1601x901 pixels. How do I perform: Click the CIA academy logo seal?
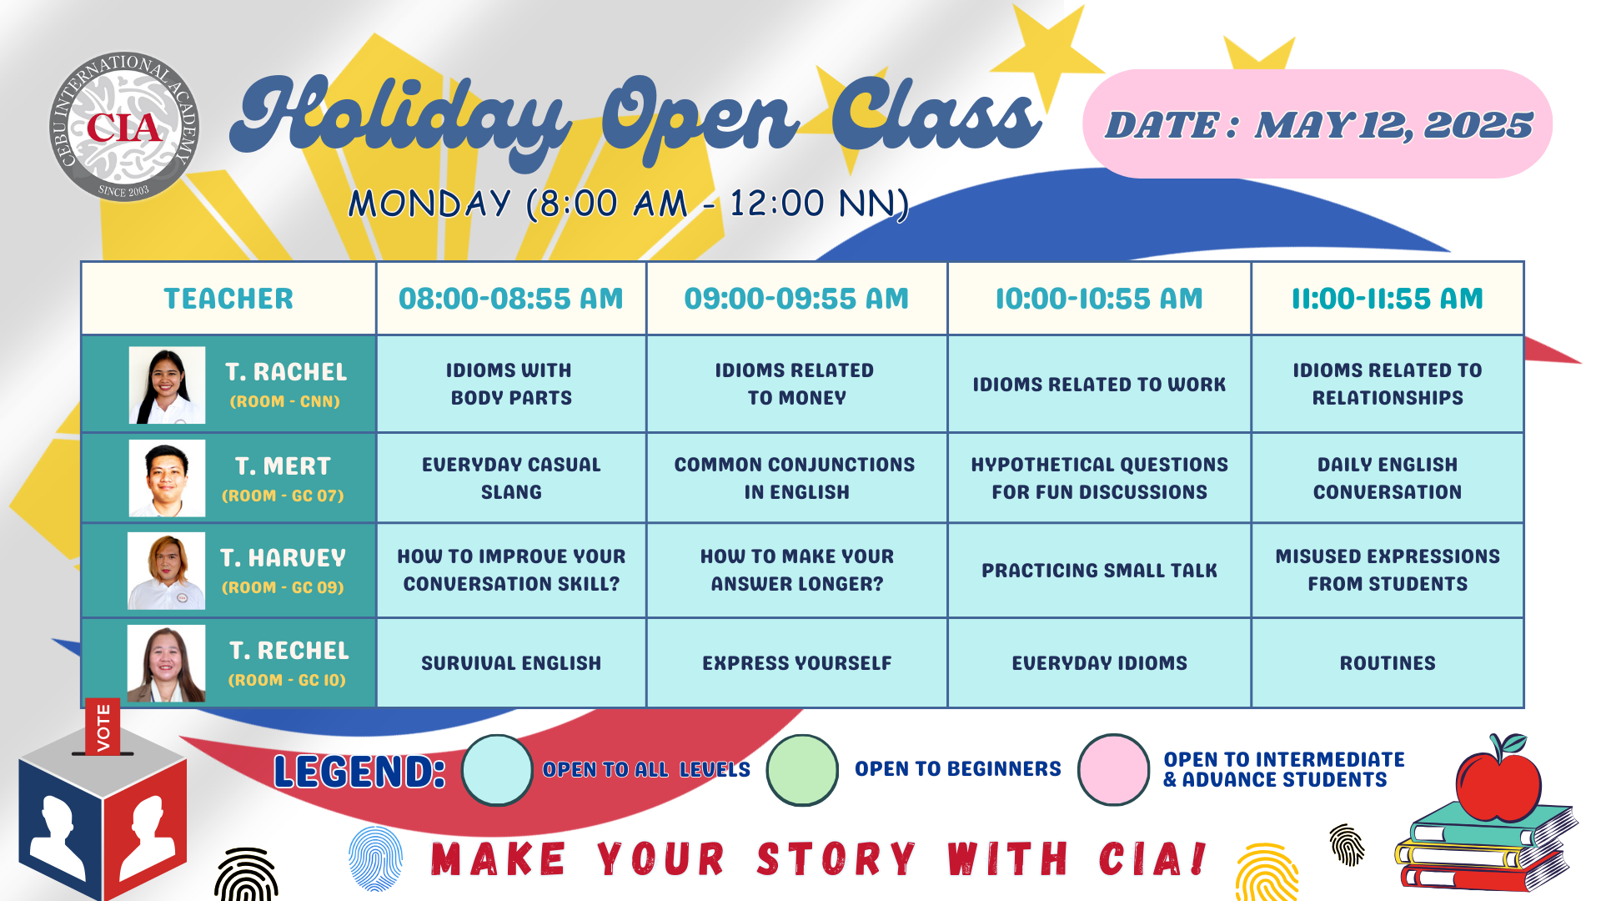point(124,127)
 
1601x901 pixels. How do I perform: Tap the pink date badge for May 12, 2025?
point(1317,123)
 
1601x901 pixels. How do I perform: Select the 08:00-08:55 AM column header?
point(511,299)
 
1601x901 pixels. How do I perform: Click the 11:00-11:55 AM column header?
point(1388,299)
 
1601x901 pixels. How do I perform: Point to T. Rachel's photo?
point(167,385)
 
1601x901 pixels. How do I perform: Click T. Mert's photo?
point(167,478)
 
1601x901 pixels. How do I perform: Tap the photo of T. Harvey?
point(166,571)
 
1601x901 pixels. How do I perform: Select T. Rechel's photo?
point(166,663)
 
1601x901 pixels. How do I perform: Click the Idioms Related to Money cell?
point(796,384)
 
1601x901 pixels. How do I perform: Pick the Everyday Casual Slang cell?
point(511,478)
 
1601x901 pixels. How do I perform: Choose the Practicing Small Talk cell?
point(1099,571)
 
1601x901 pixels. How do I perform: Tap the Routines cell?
point(1388,663)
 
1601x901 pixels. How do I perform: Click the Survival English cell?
point(511,663)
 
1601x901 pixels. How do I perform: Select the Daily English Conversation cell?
point(1388,478)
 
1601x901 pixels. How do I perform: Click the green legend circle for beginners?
point(802,770)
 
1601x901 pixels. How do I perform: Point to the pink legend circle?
point(1114,769)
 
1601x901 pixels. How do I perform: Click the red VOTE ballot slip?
point(103,727)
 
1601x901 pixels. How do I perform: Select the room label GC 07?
point(284,496)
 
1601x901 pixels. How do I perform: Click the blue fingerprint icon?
point(375,858)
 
